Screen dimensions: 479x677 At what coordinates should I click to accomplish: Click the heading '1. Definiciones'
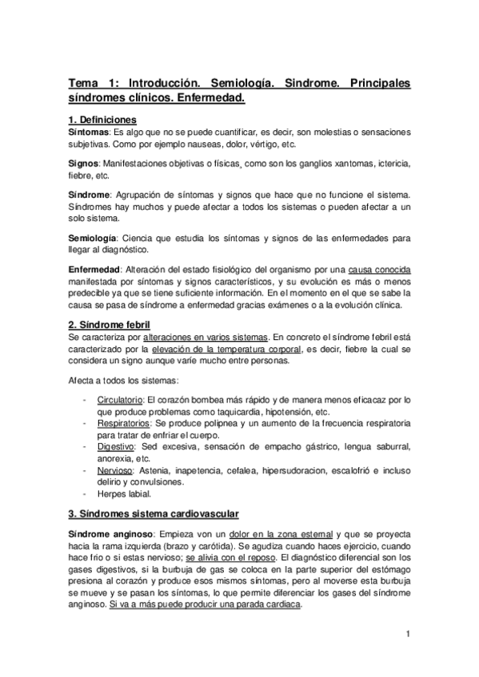point(102,119)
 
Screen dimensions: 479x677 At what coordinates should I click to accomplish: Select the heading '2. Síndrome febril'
point(110,327)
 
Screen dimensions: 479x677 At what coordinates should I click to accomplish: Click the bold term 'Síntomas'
point(89,131)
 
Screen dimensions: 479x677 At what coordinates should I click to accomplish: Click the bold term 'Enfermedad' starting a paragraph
point(94,269)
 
